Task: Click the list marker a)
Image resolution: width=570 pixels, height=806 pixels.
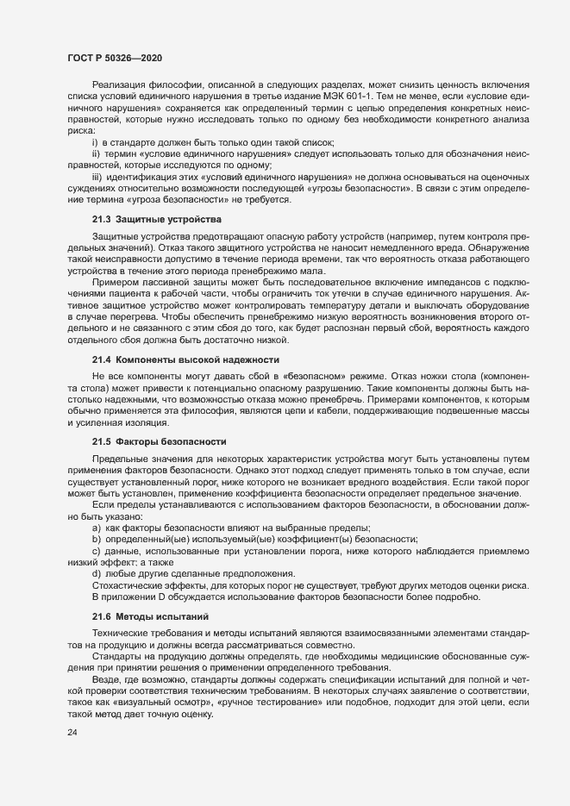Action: (97, 527)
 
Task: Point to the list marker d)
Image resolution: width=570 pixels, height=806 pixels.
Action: (97, 573)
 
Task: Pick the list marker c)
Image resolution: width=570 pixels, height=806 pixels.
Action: (97, 550)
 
